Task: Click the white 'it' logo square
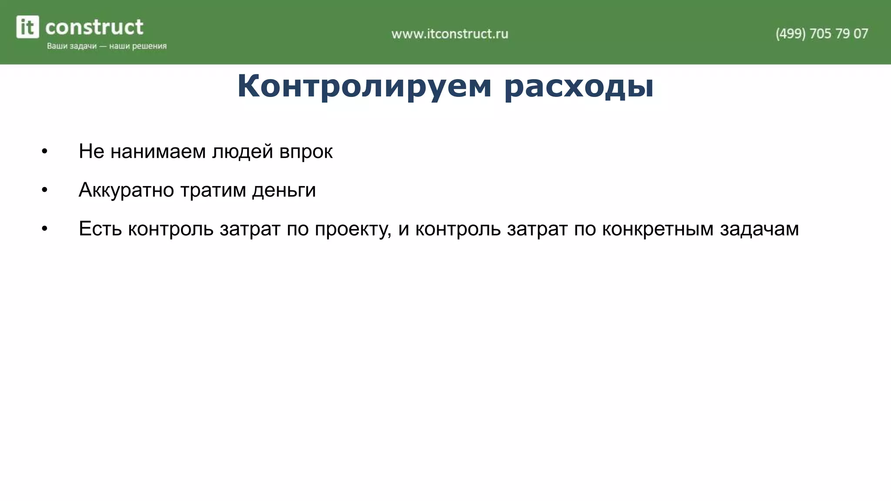28,27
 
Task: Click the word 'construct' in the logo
94,27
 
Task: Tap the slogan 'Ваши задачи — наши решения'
107,46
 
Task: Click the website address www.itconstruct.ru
449,33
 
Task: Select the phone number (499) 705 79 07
821,33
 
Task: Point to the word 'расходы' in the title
579,86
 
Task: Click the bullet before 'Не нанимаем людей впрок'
44,152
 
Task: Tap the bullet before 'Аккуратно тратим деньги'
44,190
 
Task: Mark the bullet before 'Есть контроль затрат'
44,229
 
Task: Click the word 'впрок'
306,152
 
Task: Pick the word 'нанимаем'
158,152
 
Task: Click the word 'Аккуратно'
126,190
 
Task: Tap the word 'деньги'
284,190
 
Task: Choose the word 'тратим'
213,190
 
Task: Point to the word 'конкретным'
658,229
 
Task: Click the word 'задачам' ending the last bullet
759,229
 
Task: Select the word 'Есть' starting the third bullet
100,229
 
